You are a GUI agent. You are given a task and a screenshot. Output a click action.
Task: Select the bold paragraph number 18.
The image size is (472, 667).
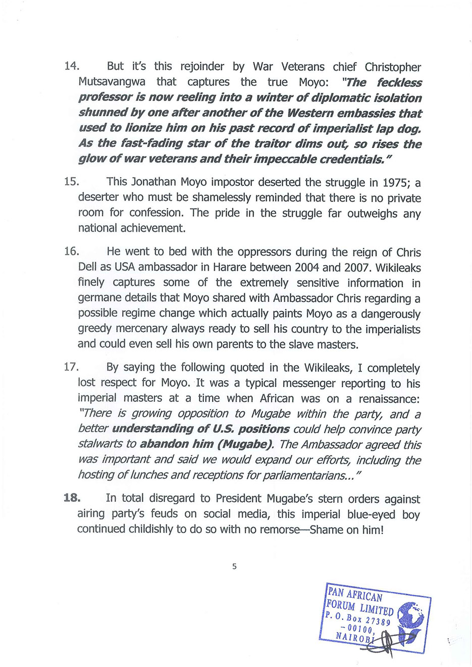pyautogui.click(x=72, y=498)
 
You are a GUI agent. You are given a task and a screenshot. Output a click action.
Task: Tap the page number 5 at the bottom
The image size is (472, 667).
pyautogui.click(x=234, y=566)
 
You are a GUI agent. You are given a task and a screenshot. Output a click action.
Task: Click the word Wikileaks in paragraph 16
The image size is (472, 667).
pyautogui.click(x=398, y=267)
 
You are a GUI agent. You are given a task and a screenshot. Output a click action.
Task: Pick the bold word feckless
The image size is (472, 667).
pyautogui.click(x=399, y=82)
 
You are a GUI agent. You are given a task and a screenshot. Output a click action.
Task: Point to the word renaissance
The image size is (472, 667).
pyautogui.click(x=389, y=398)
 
